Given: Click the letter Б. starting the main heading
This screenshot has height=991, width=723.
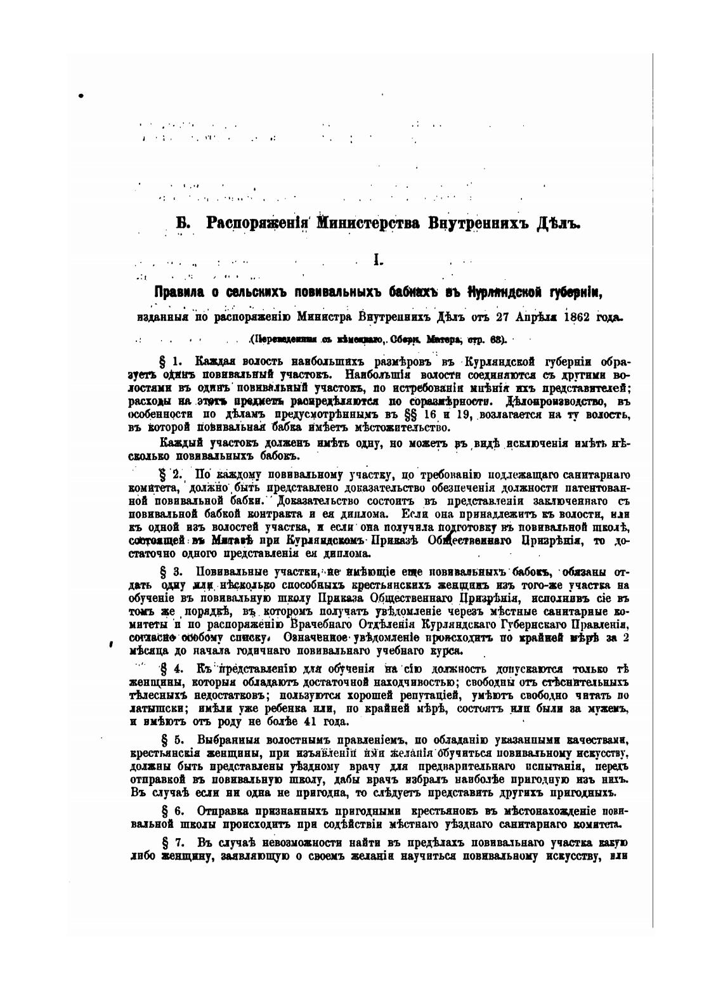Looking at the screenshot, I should pyautogui.click(x=183, y=224).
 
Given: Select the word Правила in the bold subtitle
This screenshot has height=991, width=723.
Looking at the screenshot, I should pyautogui.click(x=179, y=292).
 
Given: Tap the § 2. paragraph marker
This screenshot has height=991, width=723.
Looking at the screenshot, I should pyautogui.click(x=172, y=475).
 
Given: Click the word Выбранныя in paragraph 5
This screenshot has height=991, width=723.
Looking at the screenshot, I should pyautogui.click(x=224, y=740).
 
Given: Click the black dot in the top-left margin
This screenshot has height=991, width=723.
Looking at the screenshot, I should pyautogui.click(x=81, y=96).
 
